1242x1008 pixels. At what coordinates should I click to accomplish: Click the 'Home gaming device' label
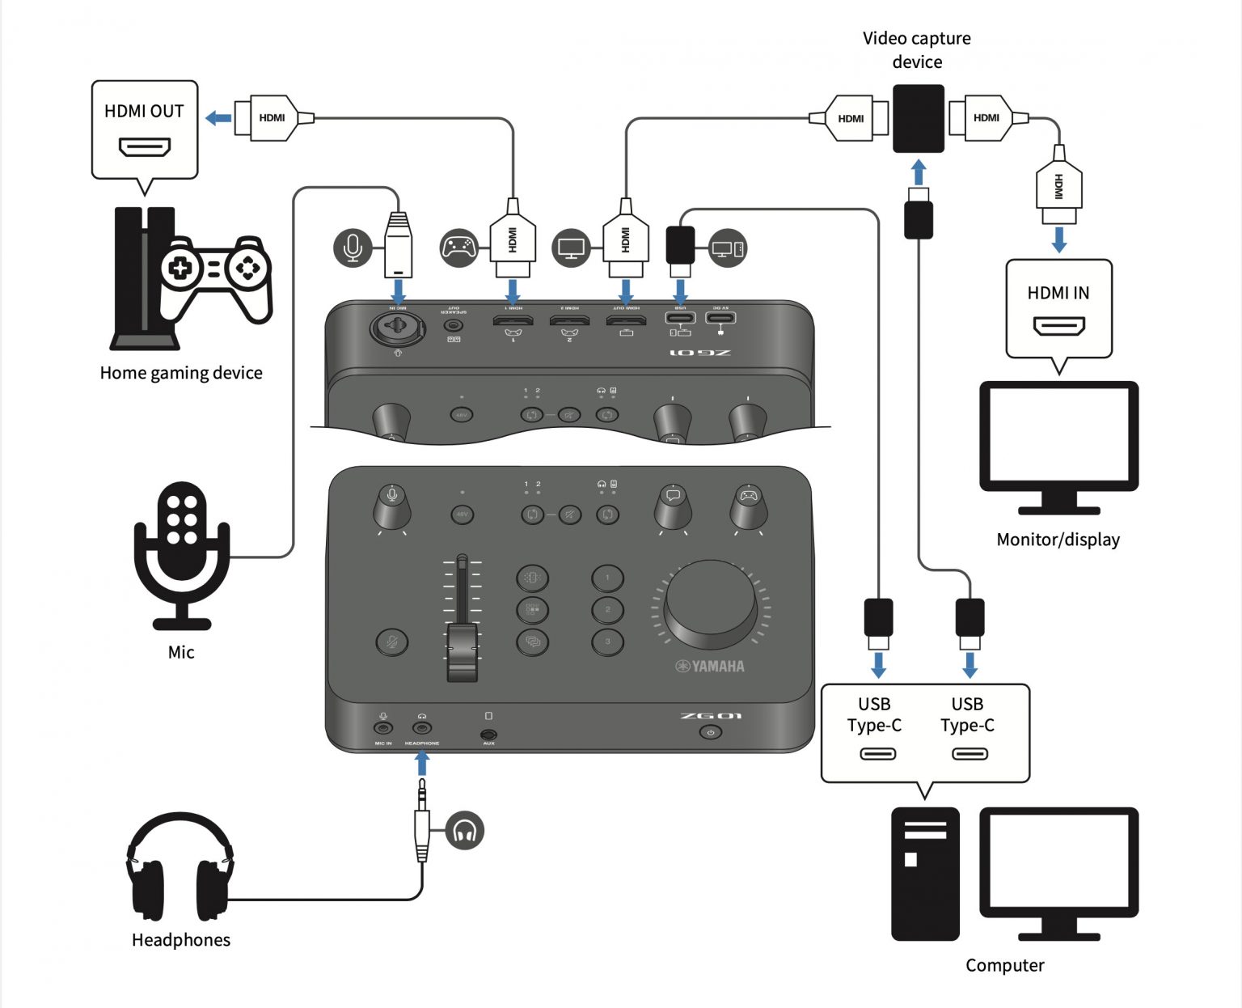[x=181, y=373]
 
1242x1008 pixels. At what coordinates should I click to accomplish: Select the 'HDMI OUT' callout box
[x=145, y=129]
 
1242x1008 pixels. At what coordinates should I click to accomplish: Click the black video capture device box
[x=918, y=118]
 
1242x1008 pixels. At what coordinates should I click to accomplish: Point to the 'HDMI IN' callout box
[x=1058, y=308]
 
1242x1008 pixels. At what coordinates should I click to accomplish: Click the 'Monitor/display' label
[x=1058, y=540]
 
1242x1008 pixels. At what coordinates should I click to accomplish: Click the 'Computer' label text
[x=1004, y=965]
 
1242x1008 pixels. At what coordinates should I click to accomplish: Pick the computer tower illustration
[x=925, y=874]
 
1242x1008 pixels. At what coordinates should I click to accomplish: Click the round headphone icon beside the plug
[x=464, y=831]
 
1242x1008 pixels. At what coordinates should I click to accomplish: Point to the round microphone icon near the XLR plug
[x=353, y=248]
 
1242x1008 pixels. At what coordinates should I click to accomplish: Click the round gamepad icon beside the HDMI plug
[x=459, y=248]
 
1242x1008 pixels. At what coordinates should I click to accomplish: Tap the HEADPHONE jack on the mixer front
[x=421, y=728]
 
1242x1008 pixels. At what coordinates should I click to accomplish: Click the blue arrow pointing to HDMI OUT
[x=218, y=119]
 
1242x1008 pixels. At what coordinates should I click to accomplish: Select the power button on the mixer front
[x=710, y=733]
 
